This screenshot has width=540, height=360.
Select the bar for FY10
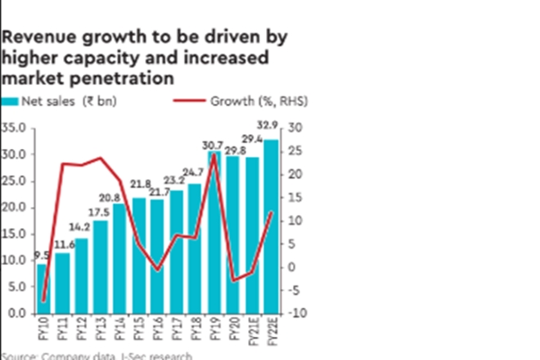pos(41,288)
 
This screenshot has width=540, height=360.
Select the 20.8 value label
pos(119,196)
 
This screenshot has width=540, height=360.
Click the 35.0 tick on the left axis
pos(13,128)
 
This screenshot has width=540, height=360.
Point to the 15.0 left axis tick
pos(13,234)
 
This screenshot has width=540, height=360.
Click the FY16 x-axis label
pos(157,330)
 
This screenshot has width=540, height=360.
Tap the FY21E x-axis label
pos(252,334)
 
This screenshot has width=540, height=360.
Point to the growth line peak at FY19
pos(214,154)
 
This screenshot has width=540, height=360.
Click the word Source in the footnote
pos(18,356)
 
